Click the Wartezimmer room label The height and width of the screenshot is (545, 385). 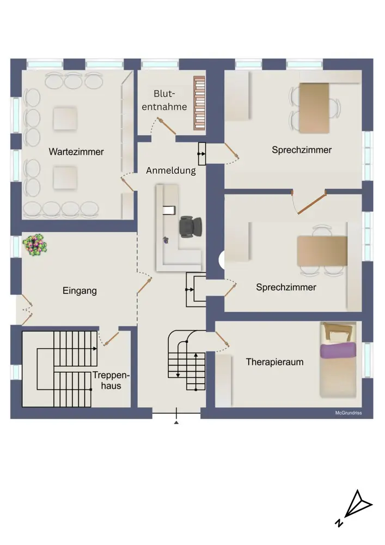click(x=76, y=152)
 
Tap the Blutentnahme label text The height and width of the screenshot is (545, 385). click(x=164, y=100)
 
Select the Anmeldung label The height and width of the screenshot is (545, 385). click(x=171, y=171)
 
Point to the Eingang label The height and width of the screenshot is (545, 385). click(x=80, y=290)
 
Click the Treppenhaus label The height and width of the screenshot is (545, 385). click(x=111, y=380)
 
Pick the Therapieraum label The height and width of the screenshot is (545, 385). click(x=274, y=362)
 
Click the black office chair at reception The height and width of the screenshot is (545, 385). click(x=190, y=227)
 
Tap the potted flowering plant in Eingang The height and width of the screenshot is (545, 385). click(x=35, y=245)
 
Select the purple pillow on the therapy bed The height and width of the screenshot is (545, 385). click(x=338, y=350)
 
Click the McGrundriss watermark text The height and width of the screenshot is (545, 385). click(x=348, y=413)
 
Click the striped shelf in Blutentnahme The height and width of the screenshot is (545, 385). click(x=199, y=103)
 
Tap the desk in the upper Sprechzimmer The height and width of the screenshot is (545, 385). click(x=314, y=108)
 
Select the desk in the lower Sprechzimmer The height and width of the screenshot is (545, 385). click(x=322, y=251)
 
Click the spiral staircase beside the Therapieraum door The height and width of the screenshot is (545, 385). click(x=187, y=360)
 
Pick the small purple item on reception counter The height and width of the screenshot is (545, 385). click(x=166, y=240)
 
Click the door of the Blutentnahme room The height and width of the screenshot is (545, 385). click(x=167, y=126)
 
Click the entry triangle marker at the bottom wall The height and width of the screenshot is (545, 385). click(x=176, y=422)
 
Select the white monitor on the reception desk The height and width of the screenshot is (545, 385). click(x=169, y=210)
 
